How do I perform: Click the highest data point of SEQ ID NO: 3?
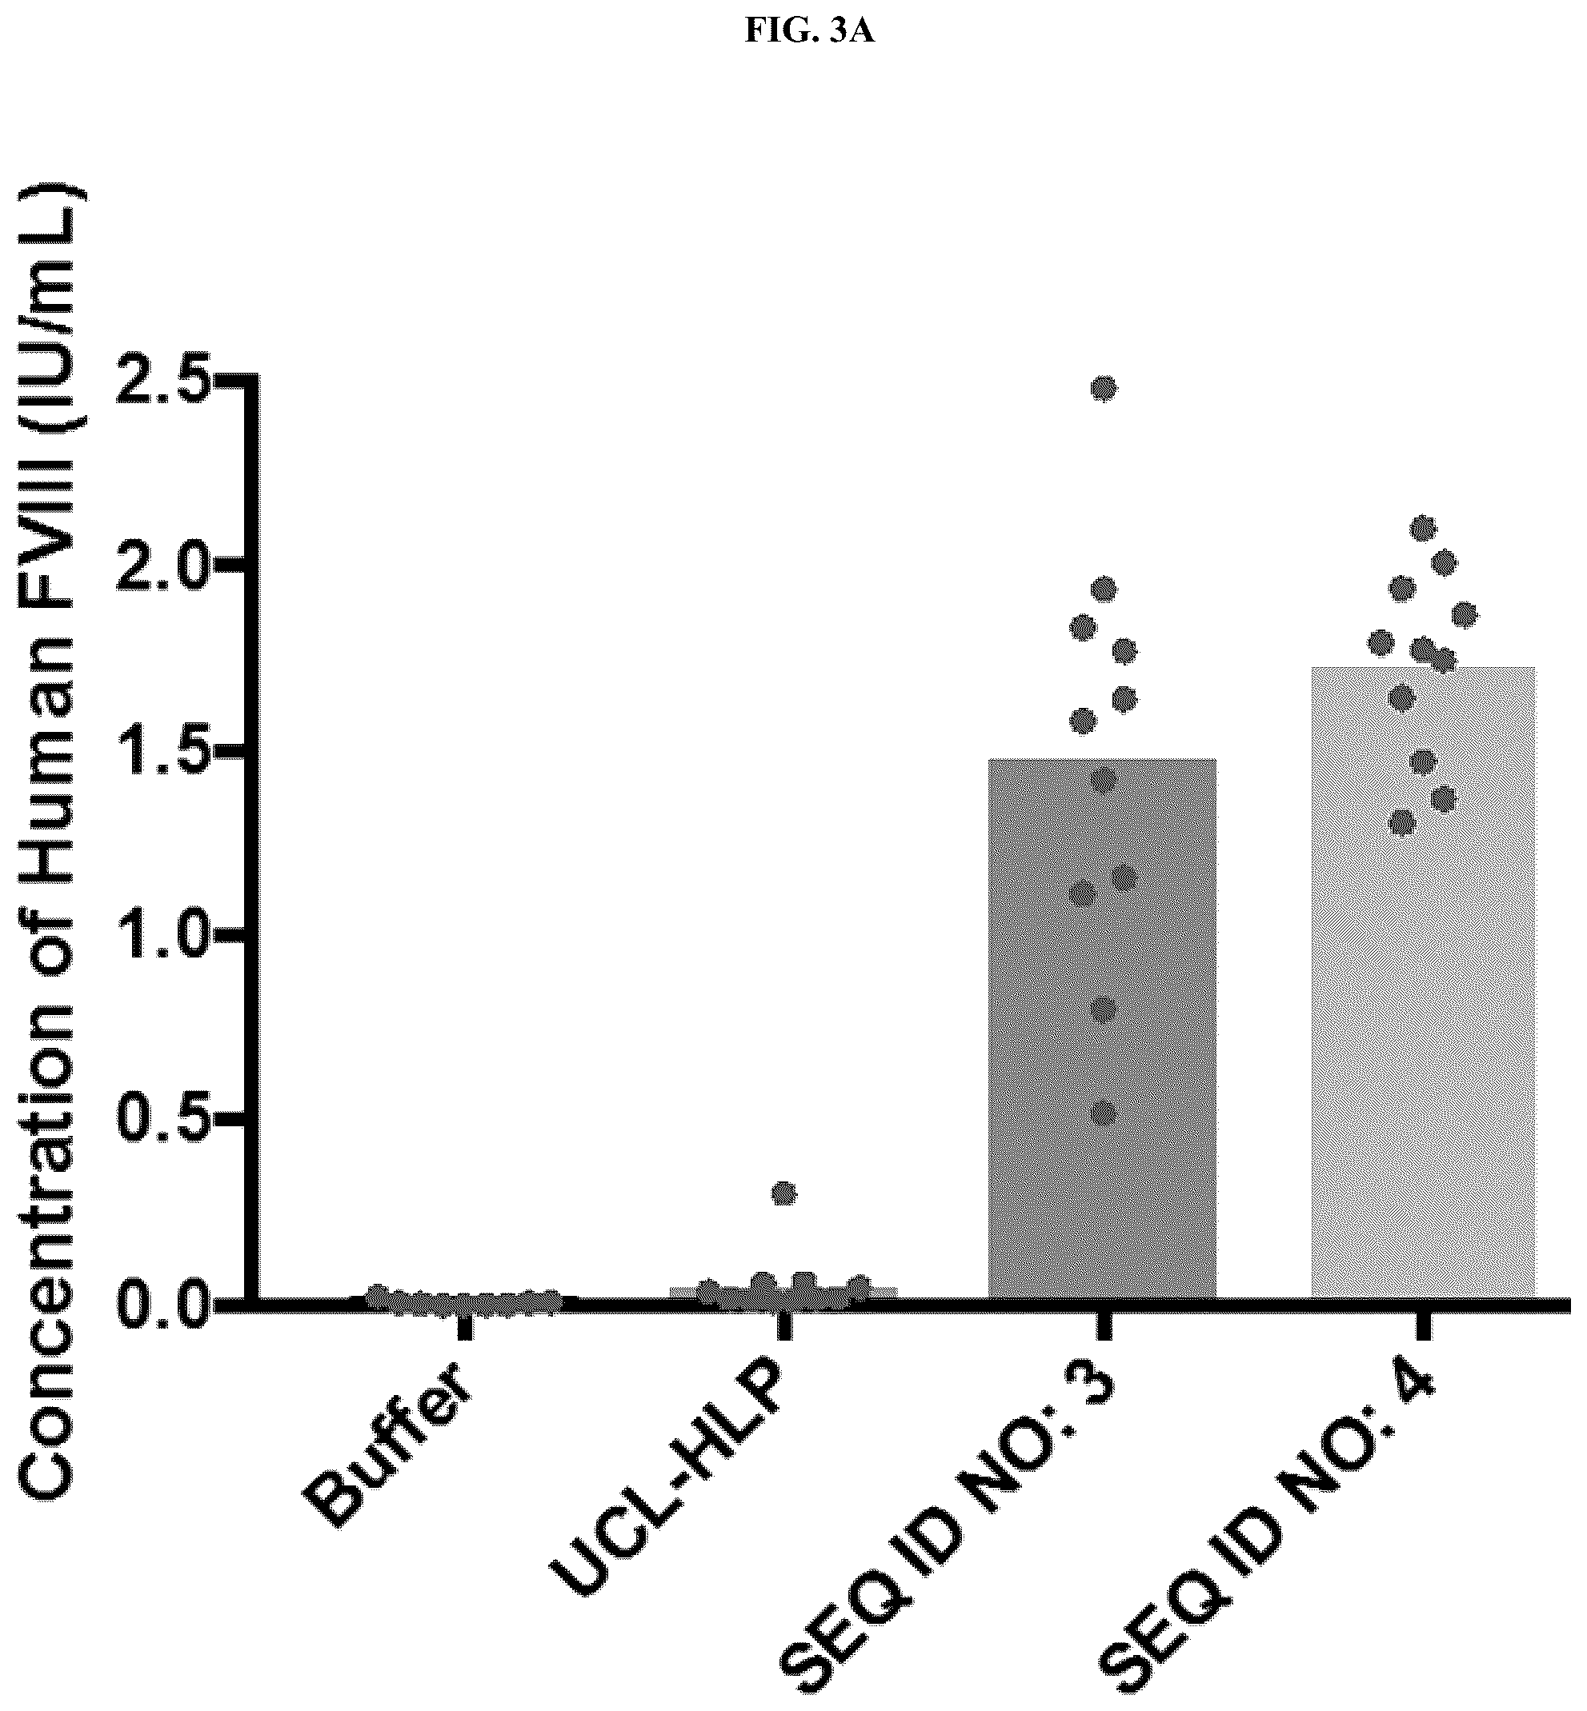(x=1104, y=389)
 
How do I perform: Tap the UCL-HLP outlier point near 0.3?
(x=784, y=1194)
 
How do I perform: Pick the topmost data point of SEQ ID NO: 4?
(x=1424, y=528)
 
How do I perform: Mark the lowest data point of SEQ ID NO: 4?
(x=1402, y=823)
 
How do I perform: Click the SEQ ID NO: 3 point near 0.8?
(x=1104, y=1009)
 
